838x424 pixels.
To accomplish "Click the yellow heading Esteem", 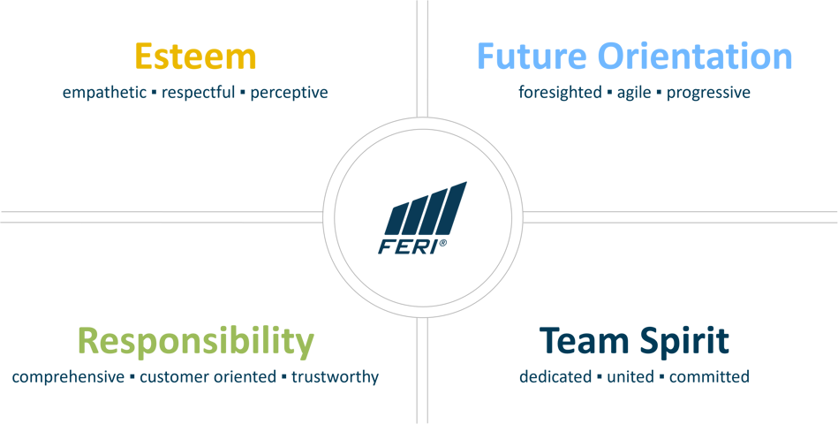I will click(195, 56).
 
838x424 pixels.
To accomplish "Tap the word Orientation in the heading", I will click(695, 56).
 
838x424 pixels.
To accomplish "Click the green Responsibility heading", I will click(195, 341).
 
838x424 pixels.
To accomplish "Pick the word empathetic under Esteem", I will click(98, 93).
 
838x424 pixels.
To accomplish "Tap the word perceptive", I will click(289, 93).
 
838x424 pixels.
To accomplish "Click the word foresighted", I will click(559, 93).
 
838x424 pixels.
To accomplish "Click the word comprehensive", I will click(64, 378).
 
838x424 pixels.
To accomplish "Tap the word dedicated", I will click(555, 378).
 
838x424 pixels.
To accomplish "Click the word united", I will click(630, 378).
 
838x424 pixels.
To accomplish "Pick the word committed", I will click(709, 378).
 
